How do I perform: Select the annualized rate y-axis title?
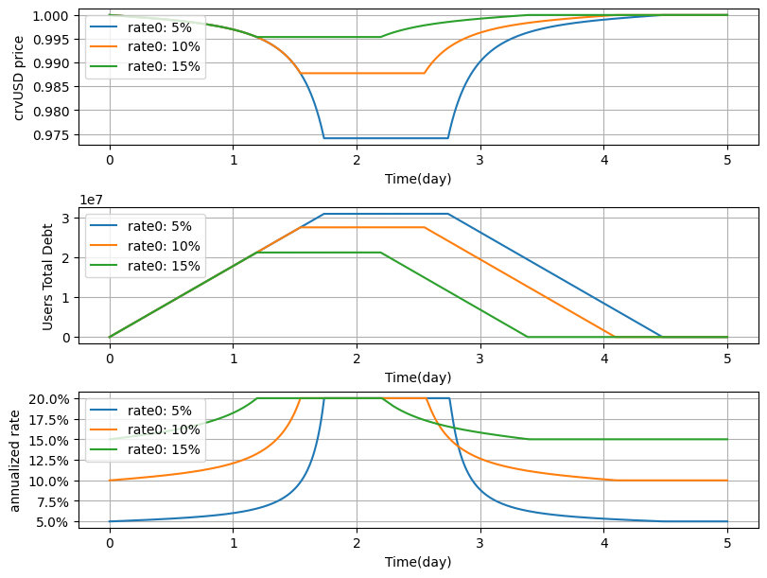pyautogui.click(x=15, y=460)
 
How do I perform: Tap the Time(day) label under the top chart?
pyautogui.click(x=418, y=179)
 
